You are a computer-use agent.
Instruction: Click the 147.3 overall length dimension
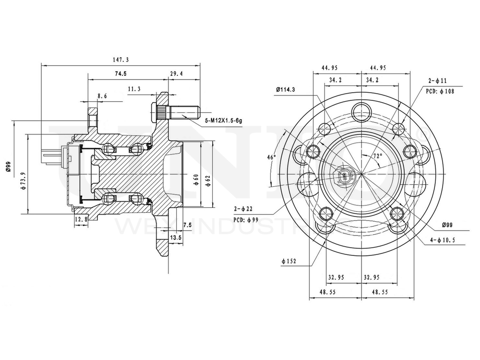(x=120, y=60)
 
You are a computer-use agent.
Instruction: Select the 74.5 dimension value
(x=120, y=74)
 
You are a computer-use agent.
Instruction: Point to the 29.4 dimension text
(x=177, y=74)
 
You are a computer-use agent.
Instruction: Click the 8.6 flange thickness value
(x=102, y=96)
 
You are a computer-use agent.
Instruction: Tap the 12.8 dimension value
(x=81, y=219)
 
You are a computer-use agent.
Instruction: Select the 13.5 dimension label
(x=176, y=238)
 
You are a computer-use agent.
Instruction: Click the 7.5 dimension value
(x=187, y=225)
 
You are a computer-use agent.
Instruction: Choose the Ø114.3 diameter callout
(x=286, y=89)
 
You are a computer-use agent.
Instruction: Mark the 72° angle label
(x=378, y=156)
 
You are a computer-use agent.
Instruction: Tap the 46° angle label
(x=272, y=157)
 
